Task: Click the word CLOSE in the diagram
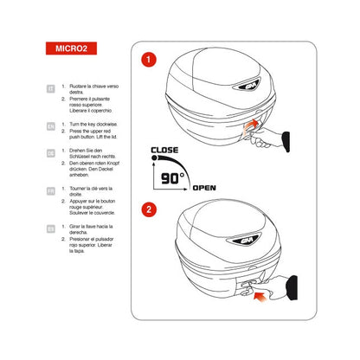(x=164, y=151)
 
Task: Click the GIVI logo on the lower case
(x=245, y=244)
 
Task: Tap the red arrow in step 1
(x=250, y=126)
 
